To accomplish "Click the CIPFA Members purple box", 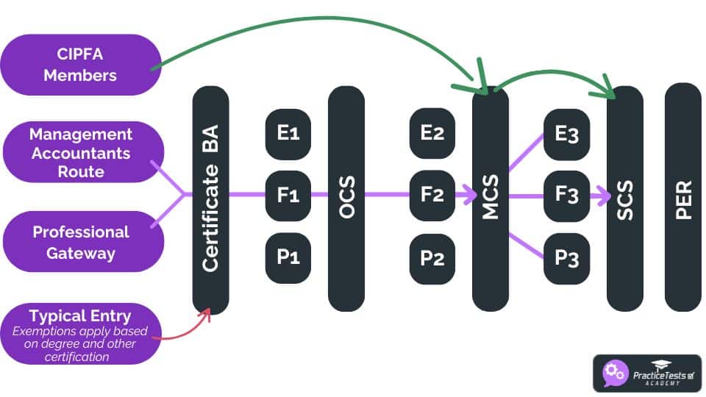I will pos(80,65).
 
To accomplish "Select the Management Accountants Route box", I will pos(81,153).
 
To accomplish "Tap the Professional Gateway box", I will pos(81,242).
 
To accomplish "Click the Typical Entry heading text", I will pos(80,317).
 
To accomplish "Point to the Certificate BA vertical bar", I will pos(210,198).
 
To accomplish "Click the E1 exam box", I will pos(288,134).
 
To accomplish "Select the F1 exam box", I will pos(288,196).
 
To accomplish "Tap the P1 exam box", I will pos(288,258).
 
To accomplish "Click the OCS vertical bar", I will pos(346,198).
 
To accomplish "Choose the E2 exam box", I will pos(432,134).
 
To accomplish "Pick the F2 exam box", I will pos(432,196).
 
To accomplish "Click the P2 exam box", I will pos(432,258).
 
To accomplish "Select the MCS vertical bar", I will pos(491,198).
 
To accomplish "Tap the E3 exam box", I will pos(566,134).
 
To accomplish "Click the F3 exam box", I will pos(566,196).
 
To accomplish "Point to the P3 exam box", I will pos(566,258).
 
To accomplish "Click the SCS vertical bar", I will pos(625,198).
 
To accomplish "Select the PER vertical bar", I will pos(683,198).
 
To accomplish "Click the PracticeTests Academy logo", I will pos(646,373).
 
